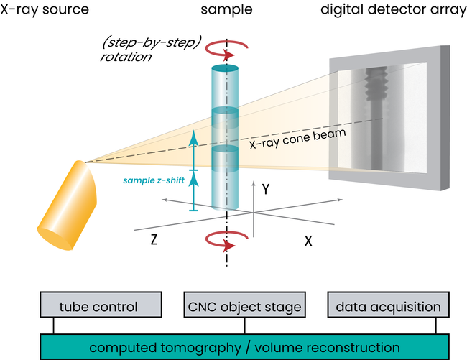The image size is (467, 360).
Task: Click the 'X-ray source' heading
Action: click(45, 11)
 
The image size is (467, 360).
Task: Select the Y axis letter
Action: click(267, 190)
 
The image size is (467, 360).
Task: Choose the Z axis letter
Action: click(154, 241)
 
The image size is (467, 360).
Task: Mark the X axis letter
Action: click(308, 241)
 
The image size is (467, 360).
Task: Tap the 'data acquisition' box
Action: click(388, 307)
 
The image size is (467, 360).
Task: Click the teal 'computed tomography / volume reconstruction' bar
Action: click(244, 347)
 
